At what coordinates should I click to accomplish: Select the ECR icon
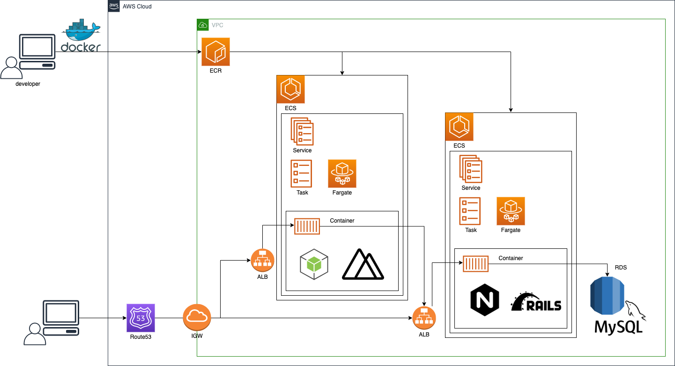[215, 52]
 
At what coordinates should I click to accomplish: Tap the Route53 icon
[141, 318]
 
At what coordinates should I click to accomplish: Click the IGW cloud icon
[197, 318]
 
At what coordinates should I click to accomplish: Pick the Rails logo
[536, 302]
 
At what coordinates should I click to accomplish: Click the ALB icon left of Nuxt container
[262, 260]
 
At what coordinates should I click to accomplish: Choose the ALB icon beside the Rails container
[424, 318]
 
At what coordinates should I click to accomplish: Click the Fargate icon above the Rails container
[511, 211]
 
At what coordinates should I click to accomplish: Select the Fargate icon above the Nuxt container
[342, 173]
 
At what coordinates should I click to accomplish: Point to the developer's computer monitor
[37, 47]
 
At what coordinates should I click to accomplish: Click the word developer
[28, 84]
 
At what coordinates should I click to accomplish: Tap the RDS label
[621, 268]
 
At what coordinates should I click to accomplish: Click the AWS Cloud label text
[137, 7]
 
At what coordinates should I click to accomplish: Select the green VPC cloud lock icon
[203, 24]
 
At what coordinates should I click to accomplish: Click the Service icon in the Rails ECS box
[471, 168]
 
